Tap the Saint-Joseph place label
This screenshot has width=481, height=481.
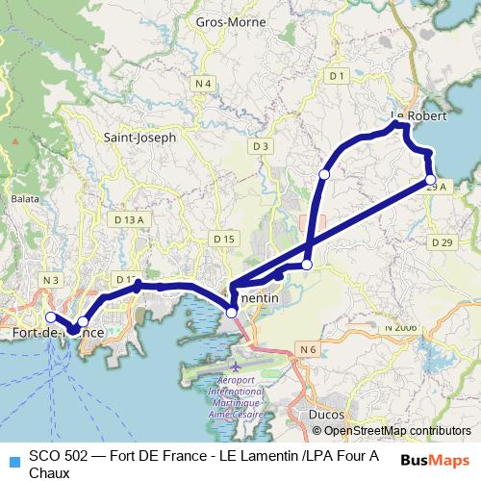coord(140,138)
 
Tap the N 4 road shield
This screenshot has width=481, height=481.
coord(202,85)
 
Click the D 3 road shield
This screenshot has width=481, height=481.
coord(259,145)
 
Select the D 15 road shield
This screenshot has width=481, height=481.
coord(224,239)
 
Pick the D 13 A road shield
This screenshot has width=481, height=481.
coord(128,220)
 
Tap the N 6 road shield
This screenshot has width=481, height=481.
coord(308,348)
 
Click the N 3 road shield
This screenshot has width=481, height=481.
coord(51,280)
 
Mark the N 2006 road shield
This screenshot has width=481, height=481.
coord(401,328)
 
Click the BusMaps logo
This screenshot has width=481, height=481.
coord(434,459)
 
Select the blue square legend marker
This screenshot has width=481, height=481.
coord(13,460)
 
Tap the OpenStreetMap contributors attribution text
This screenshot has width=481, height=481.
coord(395,431)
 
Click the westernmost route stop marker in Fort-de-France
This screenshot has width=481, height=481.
coord(51,316)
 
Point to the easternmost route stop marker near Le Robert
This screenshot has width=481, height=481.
coord(431,179)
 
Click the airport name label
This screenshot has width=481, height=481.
coord(237,392)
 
